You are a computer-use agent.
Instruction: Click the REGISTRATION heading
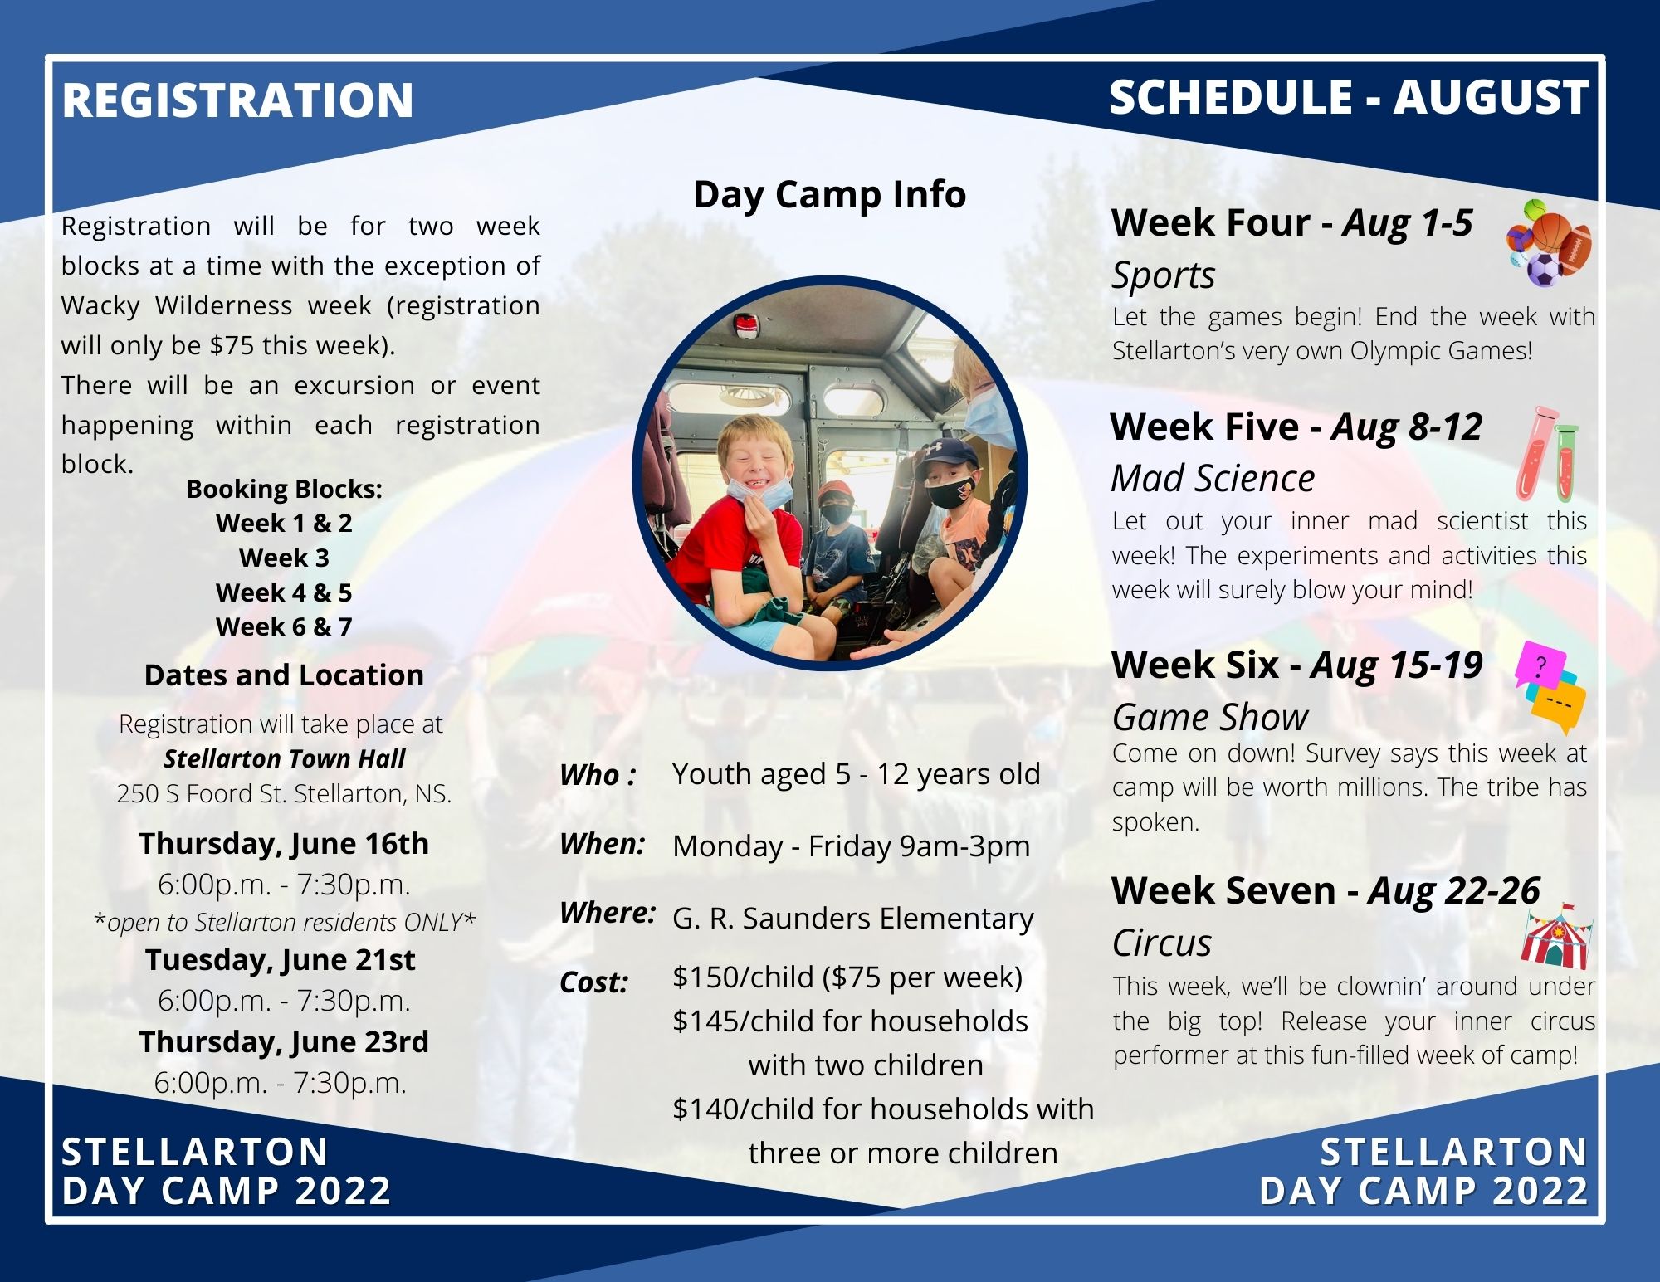(237, 100)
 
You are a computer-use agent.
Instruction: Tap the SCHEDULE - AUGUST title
(1349, 97)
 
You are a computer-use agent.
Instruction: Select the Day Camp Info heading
(830, 194)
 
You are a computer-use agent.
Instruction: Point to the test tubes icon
(1546, 454)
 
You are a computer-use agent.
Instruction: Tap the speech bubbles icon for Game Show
(1550, 688)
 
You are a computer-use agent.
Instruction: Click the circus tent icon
(1556, 937)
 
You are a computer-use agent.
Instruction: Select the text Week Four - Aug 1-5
(1291, 222)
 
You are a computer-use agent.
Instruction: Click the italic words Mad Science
(1213, 478)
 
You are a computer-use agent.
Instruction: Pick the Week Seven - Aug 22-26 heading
(1326, 890)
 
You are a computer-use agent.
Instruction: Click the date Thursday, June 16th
(284, 844)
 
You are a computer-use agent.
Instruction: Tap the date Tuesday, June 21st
(280, 960)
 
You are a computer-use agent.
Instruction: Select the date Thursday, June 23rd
(284, 1042)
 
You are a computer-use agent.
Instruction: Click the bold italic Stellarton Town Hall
(284, 758)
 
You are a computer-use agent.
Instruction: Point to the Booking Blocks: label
(284, 490)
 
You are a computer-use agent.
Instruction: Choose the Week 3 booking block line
(284, 558)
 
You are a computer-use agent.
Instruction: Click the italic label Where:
(608, 913)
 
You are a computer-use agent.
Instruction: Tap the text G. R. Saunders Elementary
(853, 919)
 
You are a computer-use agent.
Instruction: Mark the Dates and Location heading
(284, 675)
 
